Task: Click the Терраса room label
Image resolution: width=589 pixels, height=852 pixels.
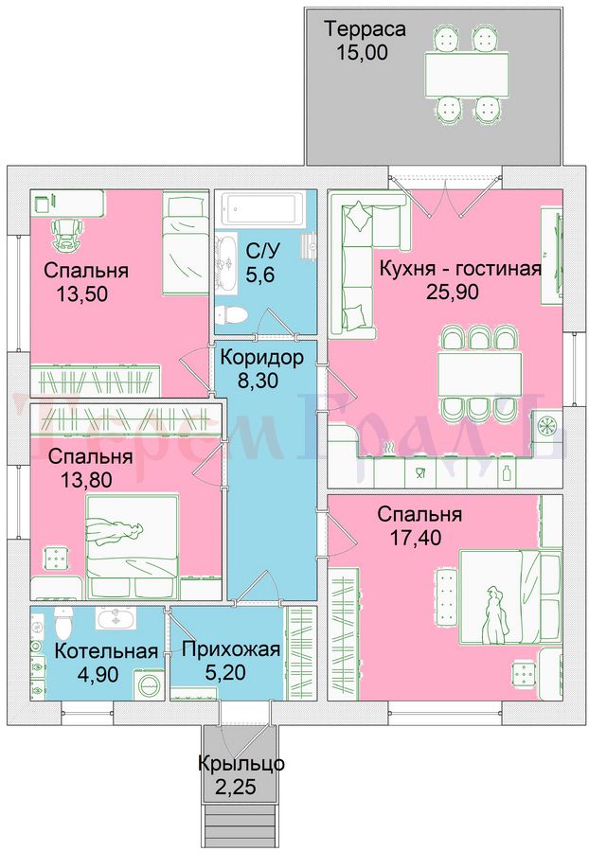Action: pyautogui.click(x=366, y=29)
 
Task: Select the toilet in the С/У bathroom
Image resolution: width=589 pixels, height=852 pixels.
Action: pyautogui.click(x=231, y=313)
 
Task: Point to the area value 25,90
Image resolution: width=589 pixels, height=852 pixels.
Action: pyautogui.click(x=452, y=292)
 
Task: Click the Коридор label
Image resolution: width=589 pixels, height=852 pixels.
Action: pyautogui.click(x=262, y=358)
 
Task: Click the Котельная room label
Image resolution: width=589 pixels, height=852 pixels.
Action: pyautogui.click(x=106, y=651)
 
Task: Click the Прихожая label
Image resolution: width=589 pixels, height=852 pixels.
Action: pyautogui.click(x=231, y=648)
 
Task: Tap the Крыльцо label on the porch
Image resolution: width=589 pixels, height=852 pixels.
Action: pyautogui.click(x=241, y=764)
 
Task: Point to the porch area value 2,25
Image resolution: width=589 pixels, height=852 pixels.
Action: pyautogui.click(x=235, y=787)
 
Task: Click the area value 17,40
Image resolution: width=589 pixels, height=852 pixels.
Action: pyautogui.click(x=416, y=538)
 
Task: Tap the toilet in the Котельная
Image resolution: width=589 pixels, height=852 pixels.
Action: pyautogui.click(x=63, y=622)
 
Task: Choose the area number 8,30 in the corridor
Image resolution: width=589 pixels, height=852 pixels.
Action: pyautogui.click(x=259, y=381)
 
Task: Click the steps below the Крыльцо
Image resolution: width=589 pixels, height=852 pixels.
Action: pyautogui.click(x=240, y=825)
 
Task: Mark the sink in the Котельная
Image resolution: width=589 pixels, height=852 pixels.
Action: pyautogui.click(x=116, y=618)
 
